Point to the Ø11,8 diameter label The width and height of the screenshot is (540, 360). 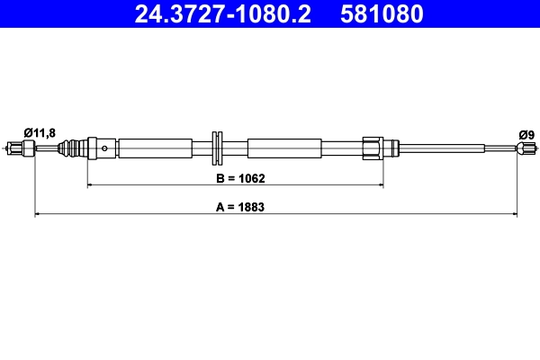(40, 132)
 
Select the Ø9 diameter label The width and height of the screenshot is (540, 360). (527, 134)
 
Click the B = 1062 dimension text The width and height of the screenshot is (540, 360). (239, 178)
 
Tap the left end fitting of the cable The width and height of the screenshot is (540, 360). (19, 148)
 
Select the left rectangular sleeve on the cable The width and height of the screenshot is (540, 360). (155, 148)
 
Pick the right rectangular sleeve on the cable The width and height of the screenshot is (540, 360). (283, 148)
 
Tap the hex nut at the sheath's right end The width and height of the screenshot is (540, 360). (372, 148)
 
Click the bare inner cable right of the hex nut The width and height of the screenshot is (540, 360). (441, 148)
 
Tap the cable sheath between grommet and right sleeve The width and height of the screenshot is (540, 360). (236, 148)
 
